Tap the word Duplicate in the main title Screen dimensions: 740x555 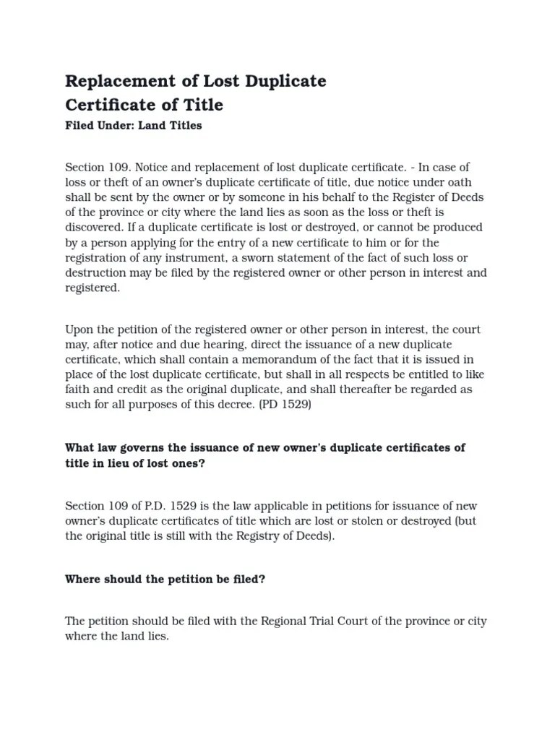(285, 81)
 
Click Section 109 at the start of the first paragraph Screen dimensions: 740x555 (97, 167)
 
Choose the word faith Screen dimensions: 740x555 (78, 390)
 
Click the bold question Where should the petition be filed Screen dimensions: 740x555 (165, 579)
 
